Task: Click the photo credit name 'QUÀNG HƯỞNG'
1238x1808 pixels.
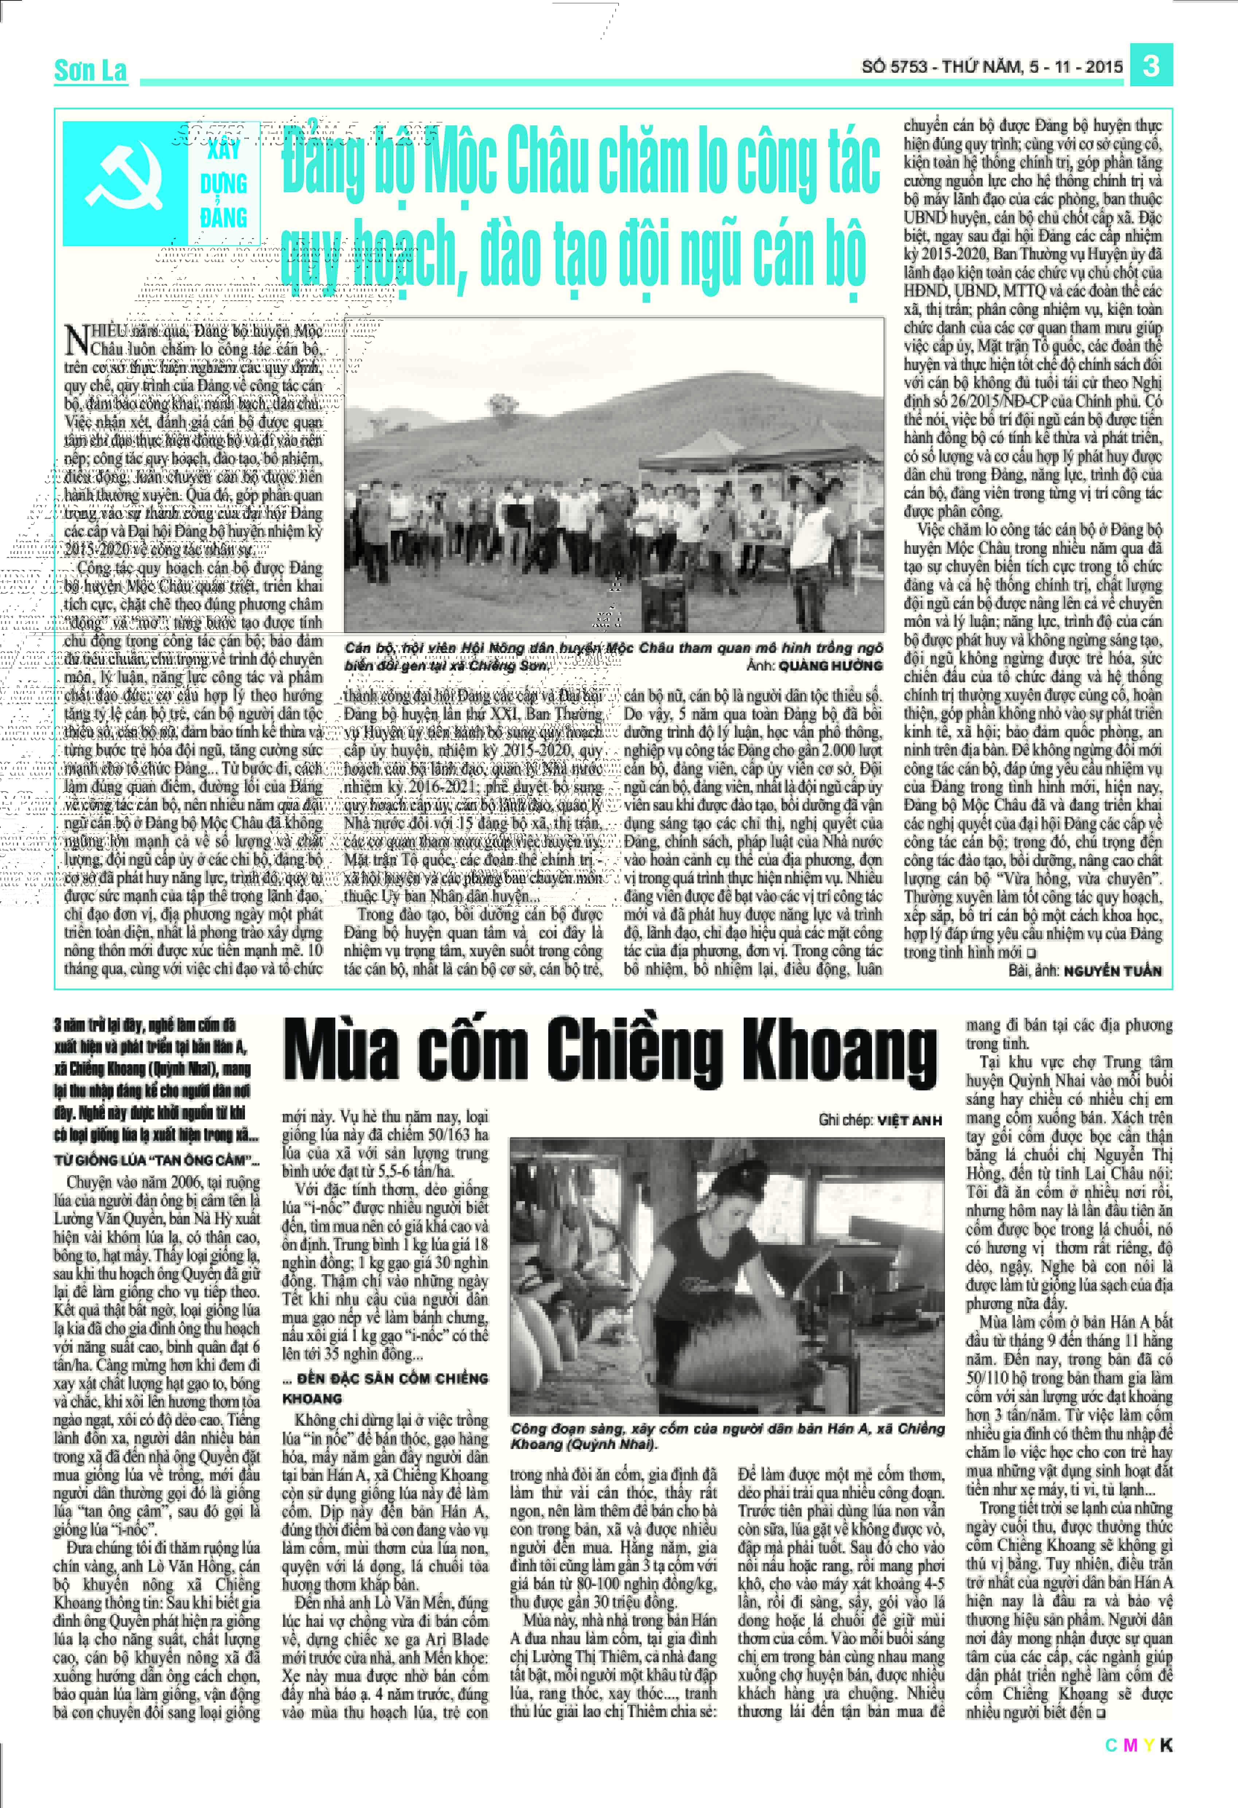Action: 830,665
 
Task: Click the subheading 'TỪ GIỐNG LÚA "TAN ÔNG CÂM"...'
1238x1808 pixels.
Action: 156,1160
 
